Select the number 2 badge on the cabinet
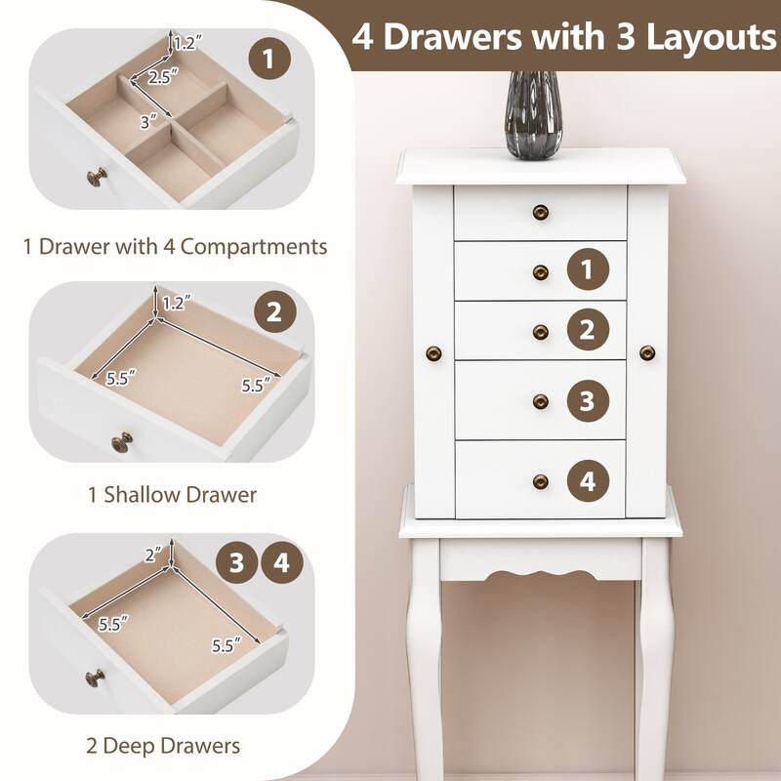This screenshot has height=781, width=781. [587, 329]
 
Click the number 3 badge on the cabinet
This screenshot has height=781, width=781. [587, 399]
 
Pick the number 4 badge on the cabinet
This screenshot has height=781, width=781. [587, 479]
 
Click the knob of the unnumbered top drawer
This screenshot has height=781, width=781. [540, 212]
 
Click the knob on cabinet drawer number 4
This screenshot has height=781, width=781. [540, 479]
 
